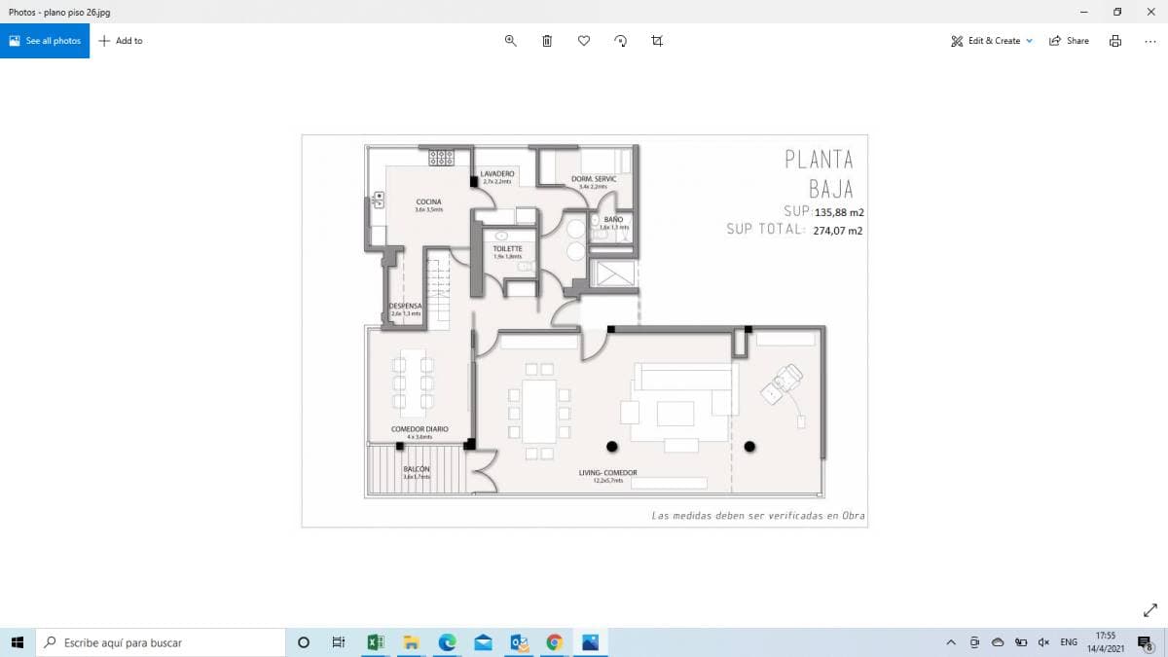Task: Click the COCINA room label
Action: (x=428, y=202)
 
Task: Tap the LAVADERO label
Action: (x=497, y=173)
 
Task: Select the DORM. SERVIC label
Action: (x=593, y=179)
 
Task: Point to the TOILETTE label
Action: (x=507, y=248)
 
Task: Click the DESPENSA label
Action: (x=405, y=306)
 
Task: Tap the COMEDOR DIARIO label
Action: (x=420, y=429)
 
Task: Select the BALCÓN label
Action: (x=417, y=469)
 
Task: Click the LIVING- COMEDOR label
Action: (x=607, y=473)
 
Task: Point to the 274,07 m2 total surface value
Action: (x=837, y=231)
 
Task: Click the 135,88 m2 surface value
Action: (x=839, y=212)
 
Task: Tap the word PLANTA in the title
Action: (x=819, y=160)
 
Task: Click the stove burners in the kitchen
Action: (x=442, y=157)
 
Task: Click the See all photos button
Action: (x=45, y=41)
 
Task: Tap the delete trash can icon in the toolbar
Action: (x=547, y=41)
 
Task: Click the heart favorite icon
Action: (x=584, y=41)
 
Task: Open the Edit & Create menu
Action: (x=992, y=41)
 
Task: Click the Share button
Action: (x=1069, y=41)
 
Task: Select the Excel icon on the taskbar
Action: (x=375, y=642)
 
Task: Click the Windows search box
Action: (x=161, y=642)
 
